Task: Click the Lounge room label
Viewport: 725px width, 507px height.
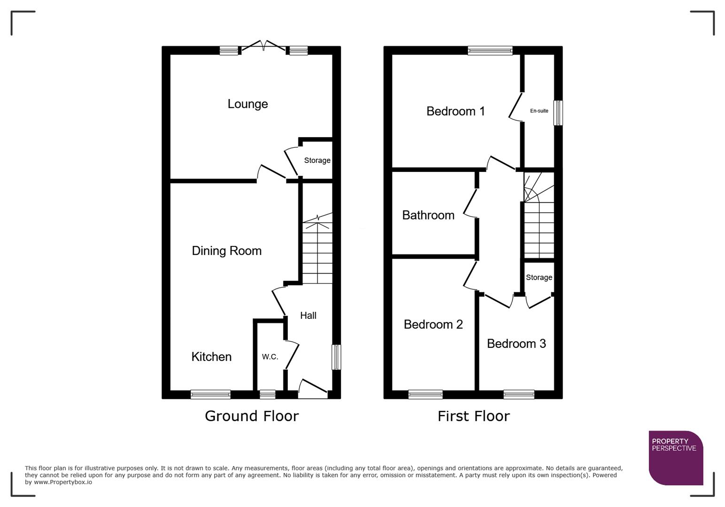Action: click(247, 104)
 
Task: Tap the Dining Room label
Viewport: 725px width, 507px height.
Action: click(226, 251)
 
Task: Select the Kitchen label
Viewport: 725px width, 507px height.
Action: click(211, 357)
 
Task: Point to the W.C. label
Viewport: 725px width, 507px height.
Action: click(270, 357)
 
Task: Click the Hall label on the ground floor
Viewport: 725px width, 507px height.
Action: click(308, 315)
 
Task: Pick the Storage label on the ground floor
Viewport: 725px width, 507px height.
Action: click(317, 161)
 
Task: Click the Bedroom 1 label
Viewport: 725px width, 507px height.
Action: click(455, 111)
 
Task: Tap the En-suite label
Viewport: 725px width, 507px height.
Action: click(539, 111)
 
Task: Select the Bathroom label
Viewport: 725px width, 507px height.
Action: click(428, 215)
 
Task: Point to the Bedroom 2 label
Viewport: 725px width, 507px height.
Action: click(433, 324)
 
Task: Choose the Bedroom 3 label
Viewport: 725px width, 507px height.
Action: click(516, 344)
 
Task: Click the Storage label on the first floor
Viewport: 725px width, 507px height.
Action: click(539, 277)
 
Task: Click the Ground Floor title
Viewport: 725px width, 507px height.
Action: click(252, 416)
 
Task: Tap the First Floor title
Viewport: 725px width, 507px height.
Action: click(473, 416)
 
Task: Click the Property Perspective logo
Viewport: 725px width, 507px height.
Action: click(675, 457)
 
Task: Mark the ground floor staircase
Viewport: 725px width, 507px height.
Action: click(317, 251)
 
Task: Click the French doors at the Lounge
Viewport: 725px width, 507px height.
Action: click(263, 47)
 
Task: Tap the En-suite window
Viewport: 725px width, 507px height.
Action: click(558, 113)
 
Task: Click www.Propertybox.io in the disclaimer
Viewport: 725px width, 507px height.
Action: click(62, 482)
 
